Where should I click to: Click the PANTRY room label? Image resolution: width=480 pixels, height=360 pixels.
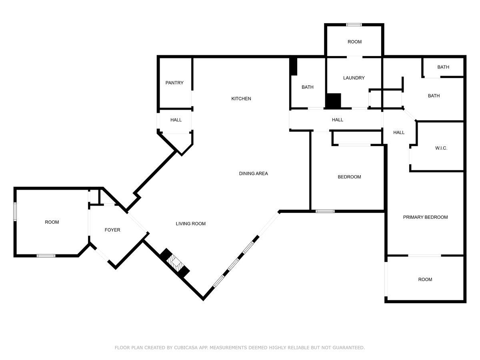pos(174,83)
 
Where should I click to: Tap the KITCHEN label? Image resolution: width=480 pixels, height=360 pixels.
pos(241,98)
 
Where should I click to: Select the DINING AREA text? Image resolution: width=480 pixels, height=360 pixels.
pos(253,174)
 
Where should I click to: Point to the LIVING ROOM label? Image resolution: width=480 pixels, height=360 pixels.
pos(191,224)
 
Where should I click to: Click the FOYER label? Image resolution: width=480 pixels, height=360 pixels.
pos(112,230)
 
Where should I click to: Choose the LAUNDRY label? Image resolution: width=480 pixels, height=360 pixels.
pos(354,78)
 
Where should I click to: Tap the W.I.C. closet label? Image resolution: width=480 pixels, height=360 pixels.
pos(441,148)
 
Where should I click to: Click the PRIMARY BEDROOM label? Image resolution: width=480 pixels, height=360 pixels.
pos(425,217)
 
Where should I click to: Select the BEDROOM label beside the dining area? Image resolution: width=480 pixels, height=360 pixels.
pos(349,177)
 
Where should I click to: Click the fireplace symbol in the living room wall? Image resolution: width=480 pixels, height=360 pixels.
pos(175,264)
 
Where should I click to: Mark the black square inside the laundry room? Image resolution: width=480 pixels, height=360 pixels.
pos(333,100)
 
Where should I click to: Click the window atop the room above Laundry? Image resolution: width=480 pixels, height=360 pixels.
pos(354,25)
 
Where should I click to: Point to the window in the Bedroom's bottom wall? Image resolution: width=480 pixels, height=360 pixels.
pos(325,211)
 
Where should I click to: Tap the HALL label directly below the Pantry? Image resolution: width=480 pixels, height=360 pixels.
pos(176,120)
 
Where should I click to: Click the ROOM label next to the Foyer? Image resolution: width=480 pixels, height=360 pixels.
pos(52,222)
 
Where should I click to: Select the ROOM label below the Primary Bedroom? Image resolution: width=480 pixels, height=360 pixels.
pos(425,280)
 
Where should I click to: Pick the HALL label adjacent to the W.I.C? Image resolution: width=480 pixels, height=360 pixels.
pos(399,133)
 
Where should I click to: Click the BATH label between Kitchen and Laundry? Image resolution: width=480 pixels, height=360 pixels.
pos(308,87)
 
